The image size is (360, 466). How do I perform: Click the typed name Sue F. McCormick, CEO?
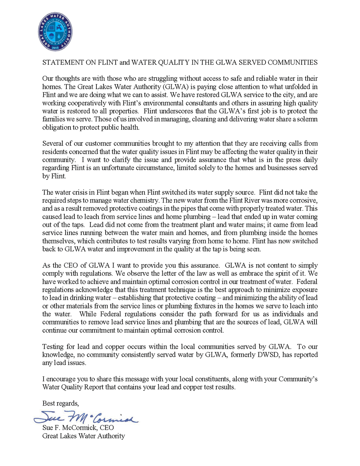(x=78, y=428)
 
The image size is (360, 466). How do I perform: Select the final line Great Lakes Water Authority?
(x=84, y=436)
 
